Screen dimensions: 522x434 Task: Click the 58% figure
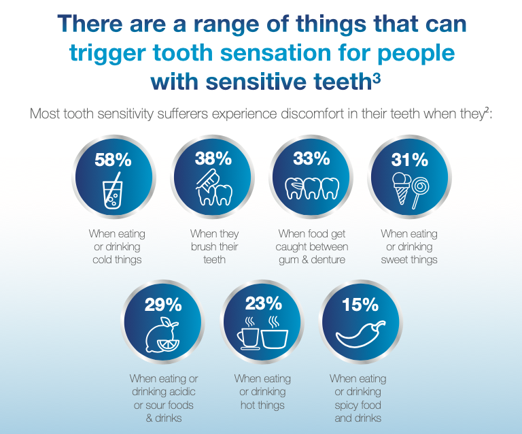113,160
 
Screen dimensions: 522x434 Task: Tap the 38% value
213,158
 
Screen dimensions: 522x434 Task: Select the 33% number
311,158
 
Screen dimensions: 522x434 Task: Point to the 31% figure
409,160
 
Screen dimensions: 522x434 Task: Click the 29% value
163,305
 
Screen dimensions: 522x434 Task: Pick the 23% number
263,303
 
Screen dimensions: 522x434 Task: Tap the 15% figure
360,305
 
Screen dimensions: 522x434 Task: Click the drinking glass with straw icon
113,191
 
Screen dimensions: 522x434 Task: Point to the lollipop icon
420,193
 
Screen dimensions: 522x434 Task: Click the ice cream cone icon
402,188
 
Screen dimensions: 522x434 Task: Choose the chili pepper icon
360,335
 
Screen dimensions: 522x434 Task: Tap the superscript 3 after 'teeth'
377,79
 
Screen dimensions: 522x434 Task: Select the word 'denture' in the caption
328,259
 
